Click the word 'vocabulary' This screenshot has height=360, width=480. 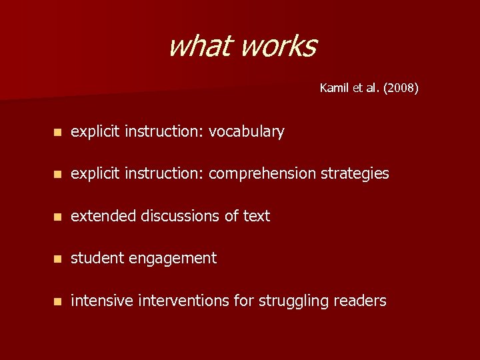(247, 132)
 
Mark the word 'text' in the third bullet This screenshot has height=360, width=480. (257, 216)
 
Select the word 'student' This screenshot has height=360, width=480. (95, 258)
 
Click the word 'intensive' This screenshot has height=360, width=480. (102, 301)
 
